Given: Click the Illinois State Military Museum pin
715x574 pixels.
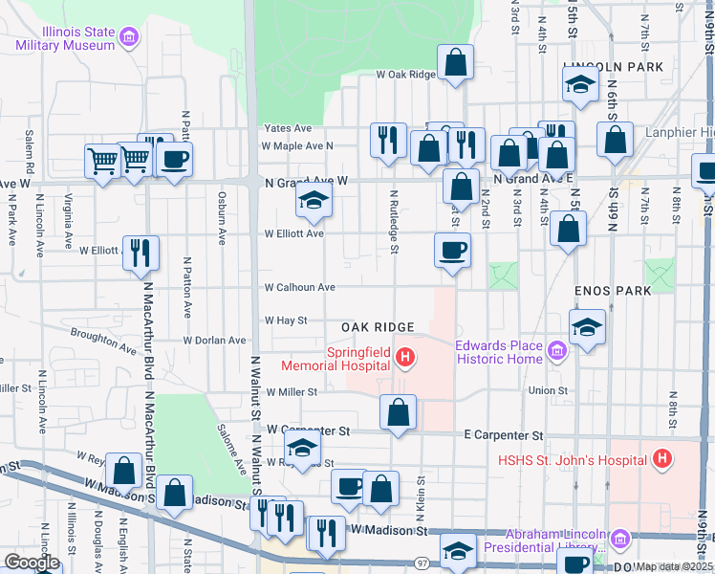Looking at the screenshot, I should click(x=130, y=39).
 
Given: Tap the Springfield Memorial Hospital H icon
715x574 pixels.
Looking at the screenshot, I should click(x=405, y=359).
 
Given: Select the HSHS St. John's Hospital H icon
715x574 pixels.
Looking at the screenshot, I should click(x=661, y=460).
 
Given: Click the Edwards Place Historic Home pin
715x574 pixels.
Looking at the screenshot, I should click(x=558, y=352).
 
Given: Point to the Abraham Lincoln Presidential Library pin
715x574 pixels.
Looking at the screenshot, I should click(x=617, y=541).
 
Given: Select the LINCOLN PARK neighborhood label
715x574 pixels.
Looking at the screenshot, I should click(x=600, y=67).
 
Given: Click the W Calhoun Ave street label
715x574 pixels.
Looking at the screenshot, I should click(x=299, y=287).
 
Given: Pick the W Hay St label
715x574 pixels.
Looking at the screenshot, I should click(x=286, y=320).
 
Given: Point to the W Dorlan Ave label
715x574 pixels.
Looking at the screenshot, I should click(x=215, y=340).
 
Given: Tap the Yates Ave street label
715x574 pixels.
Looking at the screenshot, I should click(x=289, y=128).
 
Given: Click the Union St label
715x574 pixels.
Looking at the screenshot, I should click(x=548, y=390).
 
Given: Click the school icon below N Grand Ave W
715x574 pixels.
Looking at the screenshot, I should click(x=312, y=199).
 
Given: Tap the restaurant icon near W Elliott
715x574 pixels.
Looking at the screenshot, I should click(x=141, y=253).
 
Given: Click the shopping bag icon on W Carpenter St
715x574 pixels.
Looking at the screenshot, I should click(x=398, y=411).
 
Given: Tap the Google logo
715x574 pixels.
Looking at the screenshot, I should click(x=32, y=563).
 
